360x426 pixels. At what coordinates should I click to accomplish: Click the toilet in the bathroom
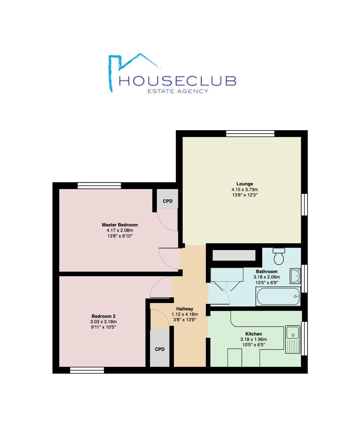tap(279, 256)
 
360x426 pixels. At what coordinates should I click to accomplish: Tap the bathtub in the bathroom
tap(278, 296)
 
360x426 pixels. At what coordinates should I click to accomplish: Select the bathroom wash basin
tap(295, 276)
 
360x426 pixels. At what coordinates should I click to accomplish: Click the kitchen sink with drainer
tap(293, 339)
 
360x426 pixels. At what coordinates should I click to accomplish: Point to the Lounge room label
tap(244, 184)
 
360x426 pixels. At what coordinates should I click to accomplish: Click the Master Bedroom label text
tap(120, 225)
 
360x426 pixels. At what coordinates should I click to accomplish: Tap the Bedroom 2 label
tap(103, 316)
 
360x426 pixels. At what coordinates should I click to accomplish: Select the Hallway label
tap(185, 309)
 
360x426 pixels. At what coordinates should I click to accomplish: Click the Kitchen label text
tap(254, 334)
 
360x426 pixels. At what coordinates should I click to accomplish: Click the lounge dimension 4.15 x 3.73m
tap(244, 190)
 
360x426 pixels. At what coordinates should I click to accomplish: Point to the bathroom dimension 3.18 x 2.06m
tap(267, 277)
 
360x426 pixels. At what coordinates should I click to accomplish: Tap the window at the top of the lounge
tap(250, 133)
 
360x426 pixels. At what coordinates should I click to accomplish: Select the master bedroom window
tap(99, 185)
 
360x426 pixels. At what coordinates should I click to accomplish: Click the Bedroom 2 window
tap(87, 370)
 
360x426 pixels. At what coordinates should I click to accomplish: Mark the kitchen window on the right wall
tap(305, 338)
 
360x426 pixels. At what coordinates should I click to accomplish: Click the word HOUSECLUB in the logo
tap(177, 81)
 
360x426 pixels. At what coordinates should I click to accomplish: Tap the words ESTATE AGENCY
tap(178, 91)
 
